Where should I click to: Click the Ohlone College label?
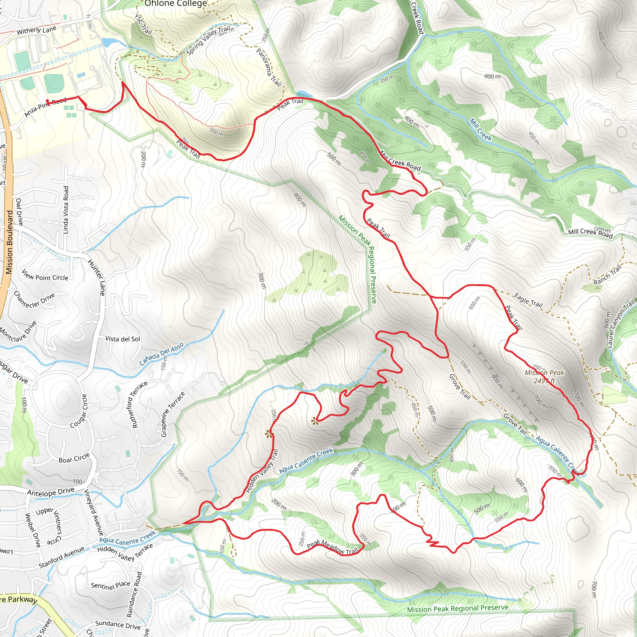point(176,4)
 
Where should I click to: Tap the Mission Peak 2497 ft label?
point(544,377)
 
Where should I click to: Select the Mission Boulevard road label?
point(9,242)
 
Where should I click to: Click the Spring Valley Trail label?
point(208,40)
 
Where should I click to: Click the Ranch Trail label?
point(607,275)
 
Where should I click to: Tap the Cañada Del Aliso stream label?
point(161,354)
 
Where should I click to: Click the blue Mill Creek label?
point(480,130)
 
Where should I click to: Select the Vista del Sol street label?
point(123,339)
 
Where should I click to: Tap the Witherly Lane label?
point(37,30)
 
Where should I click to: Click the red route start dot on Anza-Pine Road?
point(48,101)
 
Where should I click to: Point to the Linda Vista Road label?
point(66,210)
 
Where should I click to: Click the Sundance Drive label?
point(118,625)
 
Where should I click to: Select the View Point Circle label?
point(45,275)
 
